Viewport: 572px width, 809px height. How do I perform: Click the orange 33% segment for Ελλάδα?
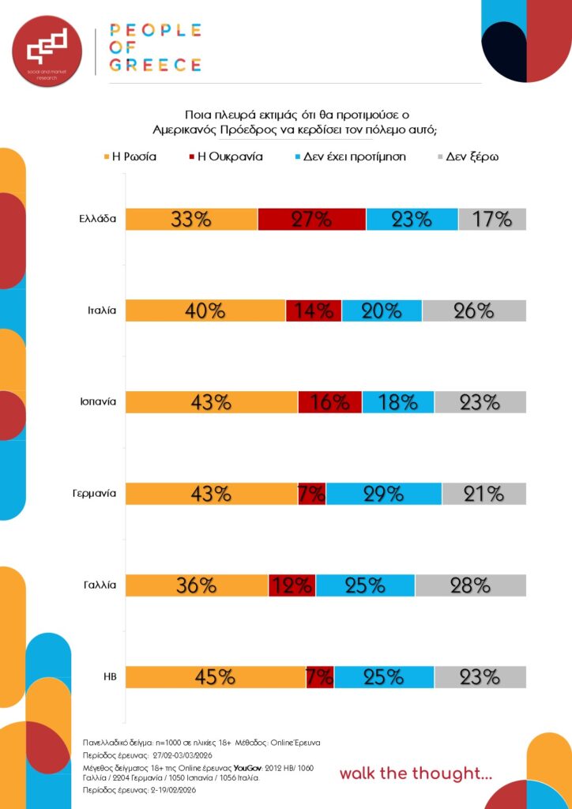tap(191, 219)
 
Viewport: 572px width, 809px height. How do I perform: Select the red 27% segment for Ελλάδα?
tap(311, 219)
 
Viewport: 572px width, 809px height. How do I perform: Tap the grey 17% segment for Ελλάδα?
tap(491, 219)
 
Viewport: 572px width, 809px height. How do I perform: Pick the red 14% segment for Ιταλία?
tap(314, 310)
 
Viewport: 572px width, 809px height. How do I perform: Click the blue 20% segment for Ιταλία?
tap(382, 310)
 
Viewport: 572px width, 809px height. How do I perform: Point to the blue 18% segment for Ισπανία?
tap(398, 402)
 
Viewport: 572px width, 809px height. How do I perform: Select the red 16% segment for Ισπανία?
tap(329, 402)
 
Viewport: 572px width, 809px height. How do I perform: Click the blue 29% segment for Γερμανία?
tap(384, 494)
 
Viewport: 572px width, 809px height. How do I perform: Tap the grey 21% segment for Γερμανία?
tap(484, 494)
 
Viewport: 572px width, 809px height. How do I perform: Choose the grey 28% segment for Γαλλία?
tap(470, 585)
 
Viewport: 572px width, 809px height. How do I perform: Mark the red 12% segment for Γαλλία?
tap(292, 585)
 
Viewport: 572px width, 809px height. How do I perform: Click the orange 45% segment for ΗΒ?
tap(215, 677)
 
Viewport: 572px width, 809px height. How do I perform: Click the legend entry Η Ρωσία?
tap(130, 156)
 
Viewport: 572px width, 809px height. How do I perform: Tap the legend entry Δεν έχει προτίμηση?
tap(348, 156)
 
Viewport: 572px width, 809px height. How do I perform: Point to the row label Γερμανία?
tap(94, 494)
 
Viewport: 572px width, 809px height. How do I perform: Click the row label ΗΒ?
tap(110, 677)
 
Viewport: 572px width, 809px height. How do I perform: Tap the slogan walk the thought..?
tap(416, 773)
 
